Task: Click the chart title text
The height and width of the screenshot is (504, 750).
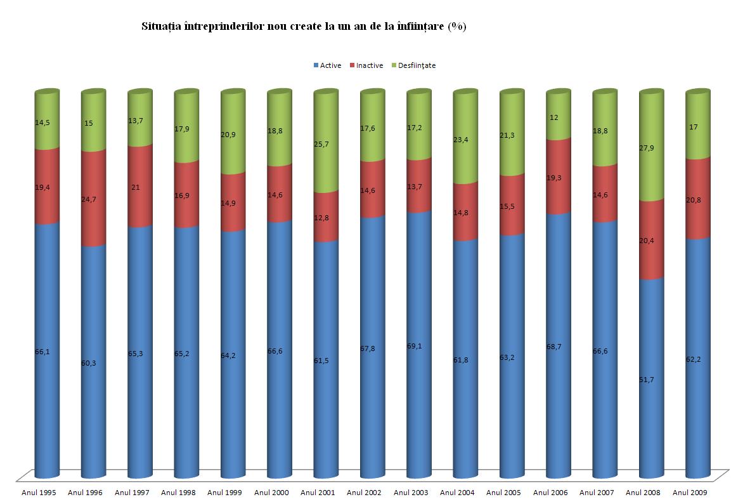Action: [304, 27]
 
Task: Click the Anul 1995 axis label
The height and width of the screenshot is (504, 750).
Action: [39, 493]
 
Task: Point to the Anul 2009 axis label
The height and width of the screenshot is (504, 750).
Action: [690, 493]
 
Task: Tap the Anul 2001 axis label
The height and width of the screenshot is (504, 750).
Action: [318, 493]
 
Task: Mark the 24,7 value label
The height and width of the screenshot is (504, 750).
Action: [89, 199]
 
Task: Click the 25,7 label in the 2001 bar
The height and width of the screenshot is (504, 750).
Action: [321, 145]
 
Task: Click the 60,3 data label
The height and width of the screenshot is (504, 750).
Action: [89, 362]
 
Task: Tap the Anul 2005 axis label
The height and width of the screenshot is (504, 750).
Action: [503, 493]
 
